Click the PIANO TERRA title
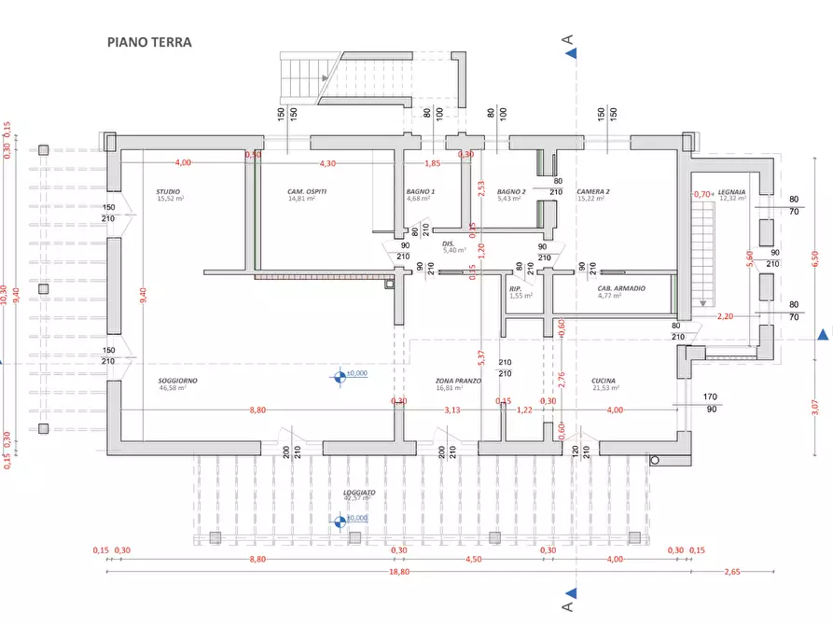149,42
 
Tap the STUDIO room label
169,191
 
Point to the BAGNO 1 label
421,191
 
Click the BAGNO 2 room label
511,191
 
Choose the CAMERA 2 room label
592,191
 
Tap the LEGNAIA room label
731,191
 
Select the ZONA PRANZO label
458,381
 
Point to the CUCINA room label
604,381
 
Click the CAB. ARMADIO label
621,288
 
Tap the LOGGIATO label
359,492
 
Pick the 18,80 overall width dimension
398,572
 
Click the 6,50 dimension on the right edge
814,256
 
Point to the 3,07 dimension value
814,407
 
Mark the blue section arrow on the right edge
822,334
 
